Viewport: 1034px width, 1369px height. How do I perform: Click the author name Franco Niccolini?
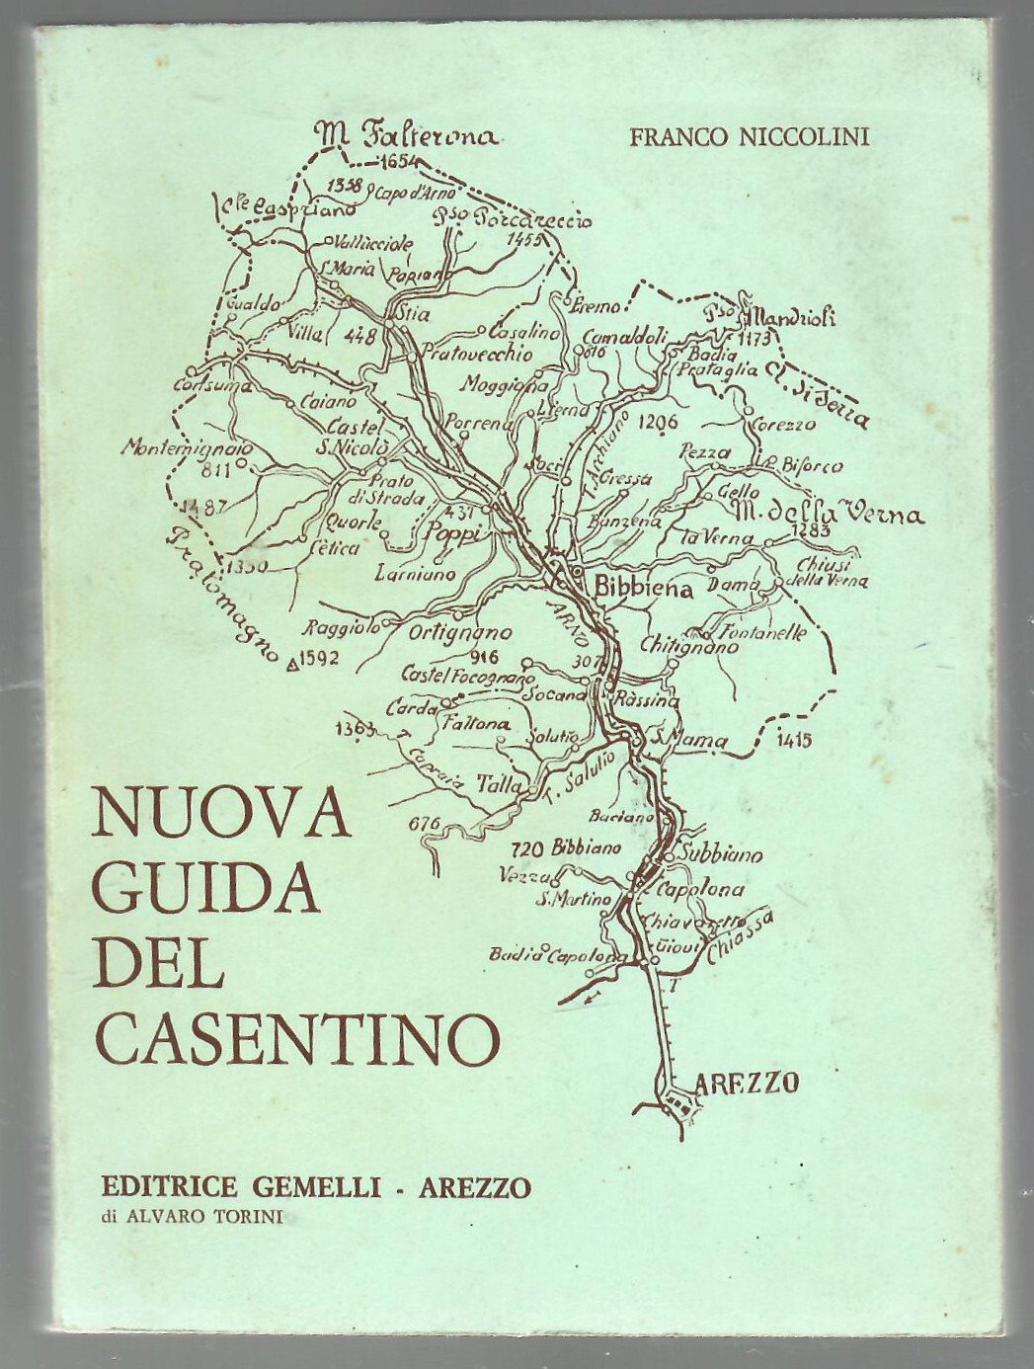750,137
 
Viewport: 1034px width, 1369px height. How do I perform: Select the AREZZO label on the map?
747,1083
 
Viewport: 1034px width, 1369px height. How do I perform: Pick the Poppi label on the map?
451,534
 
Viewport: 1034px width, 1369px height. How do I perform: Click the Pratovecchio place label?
477,353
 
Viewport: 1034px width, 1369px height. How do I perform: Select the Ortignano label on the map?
460,634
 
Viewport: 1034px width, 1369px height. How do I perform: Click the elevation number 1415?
795,738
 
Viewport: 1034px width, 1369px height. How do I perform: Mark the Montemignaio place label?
187,447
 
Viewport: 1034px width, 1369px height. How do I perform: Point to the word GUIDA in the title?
206,887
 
